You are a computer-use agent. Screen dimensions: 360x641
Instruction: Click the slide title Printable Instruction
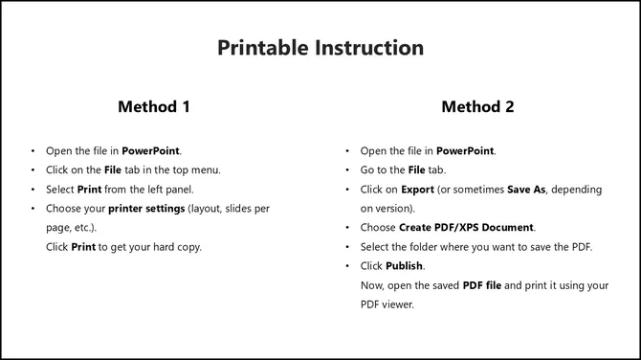[320, 47]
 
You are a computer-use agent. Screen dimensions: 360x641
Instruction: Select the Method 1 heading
[153, 106]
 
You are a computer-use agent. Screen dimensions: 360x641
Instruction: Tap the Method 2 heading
[477, 106]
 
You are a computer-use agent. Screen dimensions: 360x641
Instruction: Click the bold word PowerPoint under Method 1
[151, 151]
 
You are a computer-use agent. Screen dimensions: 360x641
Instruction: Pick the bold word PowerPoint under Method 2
[466, 151]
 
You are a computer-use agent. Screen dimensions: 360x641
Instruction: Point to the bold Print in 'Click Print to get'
[82, 247]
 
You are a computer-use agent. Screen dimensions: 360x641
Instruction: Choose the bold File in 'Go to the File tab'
[413, 170]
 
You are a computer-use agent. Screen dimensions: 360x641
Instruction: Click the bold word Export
[417, 190]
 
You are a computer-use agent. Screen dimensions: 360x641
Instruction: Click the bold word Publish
[405, 266]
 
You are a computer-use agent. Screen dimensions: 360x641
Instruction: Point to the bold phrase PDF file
[485, 285]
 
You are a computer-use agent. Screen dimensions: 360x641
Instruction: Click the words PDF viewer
[387, 304]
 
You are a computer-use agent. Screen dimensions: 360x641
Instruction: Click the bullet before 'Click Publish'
[347, 266]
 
